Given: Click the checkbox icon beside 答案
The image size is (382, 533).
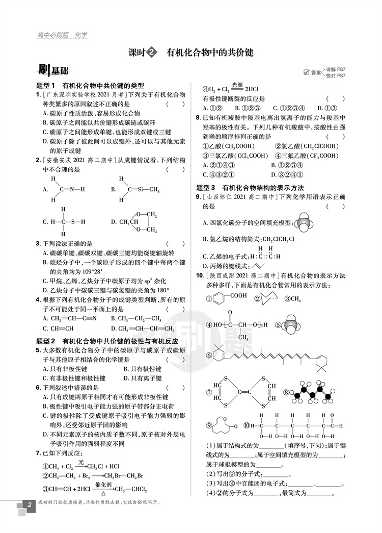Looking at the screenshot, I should [x=306, y=72].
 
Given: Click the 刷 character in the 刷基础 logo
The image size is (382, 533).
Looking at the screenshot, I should [x=44, y=71].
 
